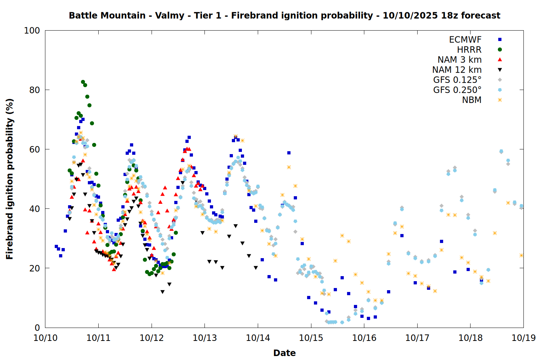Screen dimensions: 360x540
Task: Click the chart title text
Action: pos(284,15)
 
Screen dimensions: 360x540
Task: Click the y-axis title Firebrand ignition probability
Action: pos(10,179)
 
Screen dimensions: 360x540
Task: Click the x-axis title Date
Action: pos(284,353)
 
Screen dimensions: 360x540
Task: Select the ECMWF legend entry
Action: pos(465,40)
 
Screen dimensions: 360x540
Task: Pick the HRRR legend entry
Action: pos(469,50)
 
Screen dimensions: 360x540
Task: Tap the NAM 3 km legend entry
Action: pos(459,60)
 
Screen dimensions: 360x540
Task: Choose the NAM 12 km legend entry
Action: pos(457,70)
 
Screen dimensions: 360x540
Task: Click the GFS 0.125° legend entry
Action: pos(457,80)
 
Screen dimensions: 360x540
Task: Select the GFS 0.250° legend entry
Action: pos(457,90)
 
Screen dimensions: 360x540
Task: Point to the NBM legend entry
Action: pos(472,100)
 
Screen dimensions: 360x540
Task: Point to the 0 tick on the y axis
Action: pos(37,328)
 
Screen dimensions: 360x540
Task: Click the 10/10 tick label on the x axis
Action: pos(45,338)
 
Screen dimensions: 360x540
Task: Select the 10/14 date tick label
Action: pos(258,338)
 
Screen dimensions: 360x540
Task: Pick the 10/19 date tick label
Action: pos(523,338)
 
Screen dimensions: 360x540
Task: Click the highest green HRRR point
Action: pos(83,82)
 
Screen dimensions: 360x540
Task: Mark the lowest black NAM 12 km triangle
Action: pos(162,292)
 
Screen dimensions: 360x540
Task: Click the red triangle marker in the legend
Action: pos(500,60)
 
